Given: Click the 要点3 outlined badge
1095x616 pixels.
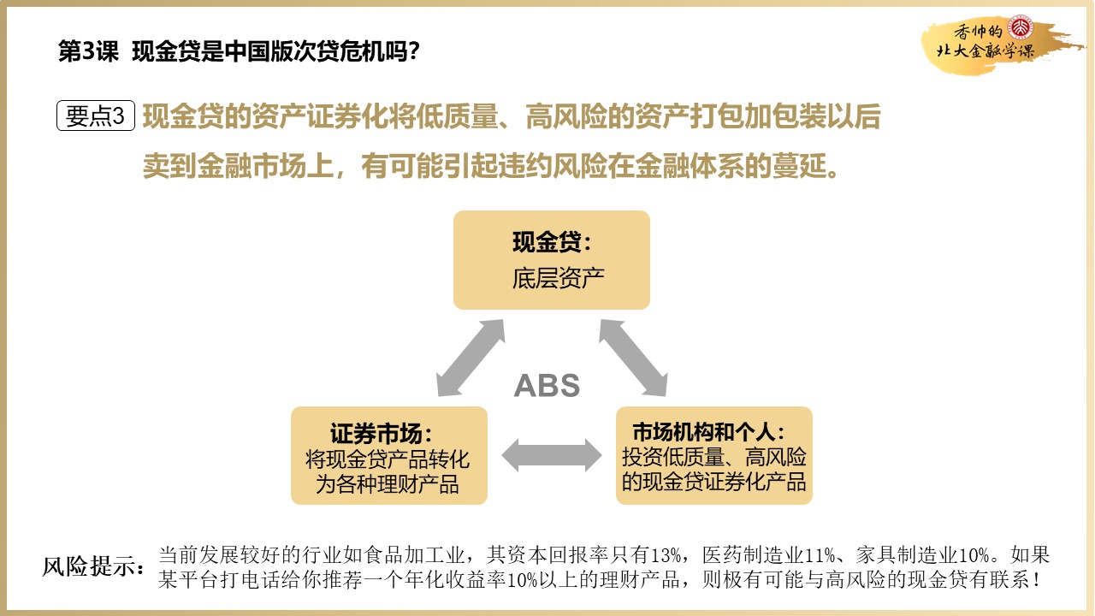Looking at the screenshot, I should (x=96, y=116).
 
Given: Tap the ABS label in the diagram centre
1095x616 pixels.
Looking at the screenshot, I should (x=547, y=386).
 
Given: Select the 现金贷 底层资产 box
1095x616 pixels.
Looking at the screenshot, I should (x=552, y=260).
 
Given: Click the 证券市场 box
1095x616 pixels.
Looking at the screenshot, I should (x=389, y=455).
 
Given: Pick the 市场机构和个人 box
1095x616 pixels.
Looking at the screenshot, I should (x=713, y=455).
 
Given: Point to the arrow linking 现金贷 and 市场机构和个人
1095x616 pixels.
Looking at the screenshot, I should (x=633, y=358).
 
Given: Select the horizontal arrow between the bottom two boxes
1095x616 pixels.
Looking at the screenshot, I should (x=552, y=455).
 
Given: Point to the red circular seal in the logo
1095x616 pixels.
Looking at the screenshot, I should (x=1021, y=27).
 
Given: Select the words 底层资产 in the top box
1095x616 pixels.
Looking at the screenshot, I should (x=552, y=279).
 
